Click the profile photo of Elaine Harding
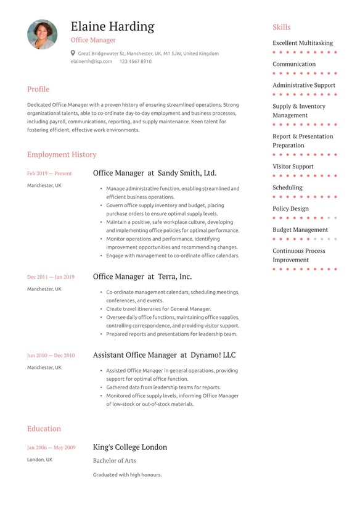coord(42,35)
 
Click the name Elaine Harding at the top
coord(112,27)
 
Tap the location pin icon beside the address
coord(73,53)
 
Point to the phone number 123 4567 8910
coord(135,62)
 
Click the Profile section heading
coord(38,89)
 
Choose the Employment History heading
coord(62,154)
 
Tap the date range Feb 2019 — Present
coord(49,174)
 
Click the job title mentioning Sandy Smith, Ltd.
coord(155,173)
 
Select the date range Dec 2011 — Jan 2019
coord(51,277)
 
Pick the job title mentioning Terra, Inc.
coord(142,276)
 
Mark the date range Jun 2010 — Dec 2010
coord(51,355)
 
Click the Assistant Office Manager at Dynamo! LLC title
coord(164,355)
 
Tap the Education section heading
coord(44,429)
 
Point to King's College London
coord(130,447)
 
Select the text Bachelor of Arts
coord(115,461)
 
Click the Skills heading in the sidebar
coord(282,27)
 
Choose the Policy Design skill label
coord(291,209)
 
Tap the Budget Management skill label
coord(300,230)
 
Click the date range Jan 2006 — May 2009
coord(51,448)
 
